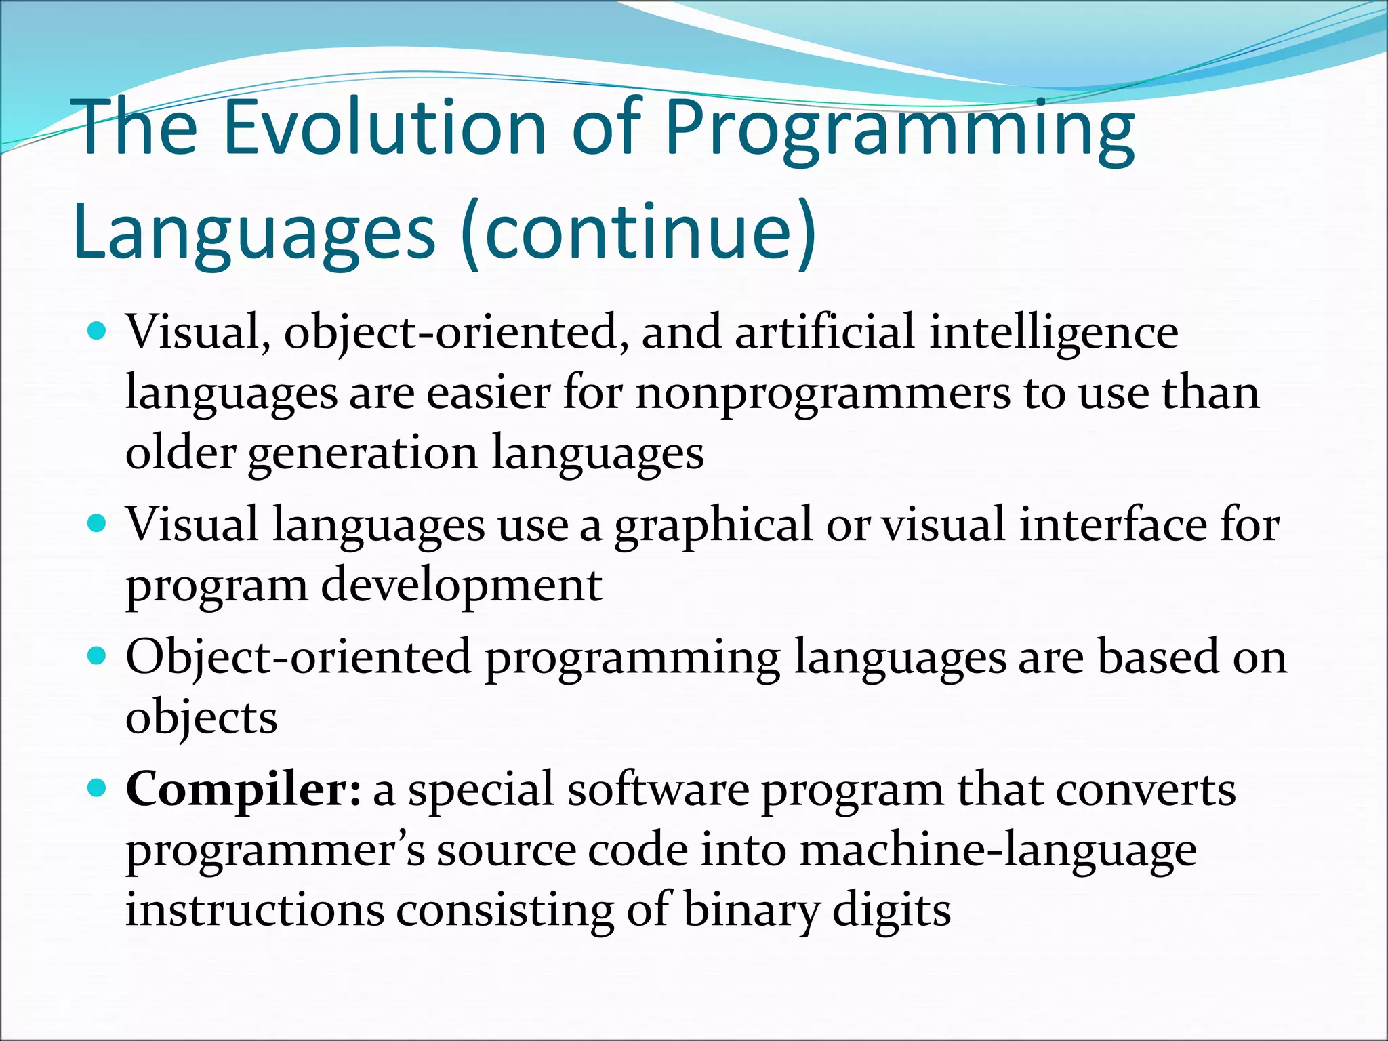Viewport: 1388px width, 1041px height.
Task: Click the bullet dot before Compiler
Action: pos(98,788)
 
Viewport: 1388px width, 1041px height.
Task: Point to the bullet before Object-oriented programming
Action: pos(98,655)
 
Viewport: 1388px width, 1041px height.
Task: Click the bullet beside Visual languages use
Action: pos(98,523)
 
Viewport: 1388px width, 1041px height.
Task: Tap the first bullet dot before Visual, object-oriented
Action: pos(98,331)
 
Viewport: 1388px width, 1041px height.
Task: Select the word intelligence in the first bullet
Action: pos(1053,333)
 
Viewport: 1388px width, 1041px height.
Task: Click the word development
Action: pos(461,585)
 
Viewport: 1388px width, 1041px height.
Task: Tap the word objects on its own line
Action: pos(201,718)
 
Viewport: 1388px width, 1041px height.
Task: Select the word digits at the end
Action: pos(891,911)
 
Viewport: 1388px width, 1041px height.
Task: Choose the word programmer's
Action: pos(275,851)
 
